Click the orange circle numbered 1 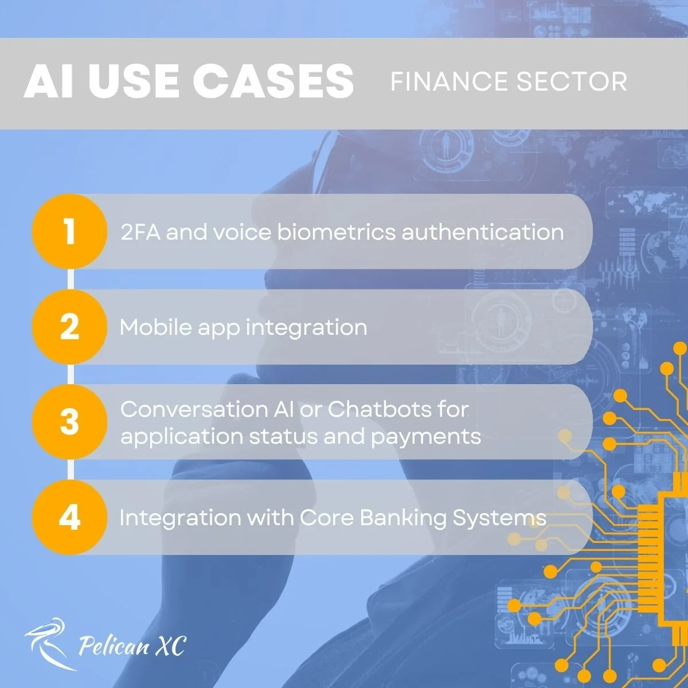pyautogui.click(x=69, y=232)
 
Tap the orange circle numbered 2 pyautogui.click(x=69, y=327)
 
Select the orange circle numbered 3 pyautogui.click(x=69, y=421)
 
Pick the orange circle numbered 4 pyautogui.click(x=69, y=517)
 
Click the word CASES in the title pyautogui.click(x=273, y=81)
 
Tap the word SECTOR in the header pyautogui.click(x=572, y=82)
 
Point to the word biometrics pyautogui.click(x=337, y=232)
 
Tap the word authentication pyautogui.click(x=483, y=232)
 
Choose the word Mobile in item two pyautogui.click(x=156, y=327)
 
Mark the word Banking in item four pyautogui.click(x=403, y=518)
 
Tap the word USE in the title pyautogui.click(x=133, y=81)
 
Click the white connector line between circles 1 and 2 pyautogui.click(x=71, y=279)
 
